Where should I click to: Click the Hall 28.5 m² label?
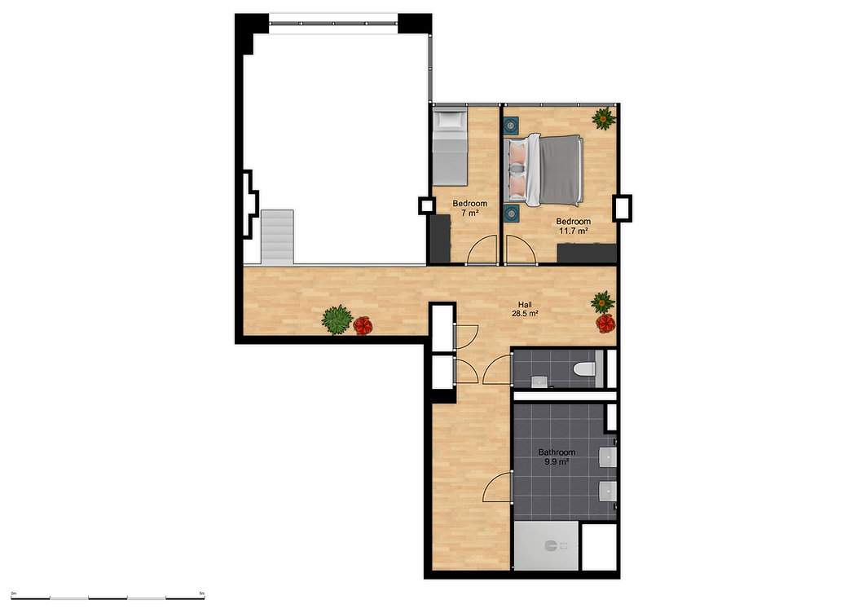[x=525, y=309]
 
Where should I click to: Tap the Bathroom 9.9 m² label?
[x=557, y=456]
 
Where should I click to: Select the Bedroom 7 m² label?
[x=469, y=208]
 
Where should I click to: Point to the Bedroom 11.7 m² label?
[x=573, y=226]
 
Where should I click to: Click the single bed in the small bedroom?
[x=450, y=148]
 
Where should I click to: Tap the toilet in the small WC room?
[x=584, y=368]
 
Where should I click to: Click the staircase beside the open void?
[x=277, y=236]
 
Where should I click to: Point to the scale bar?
[x=108, y=598]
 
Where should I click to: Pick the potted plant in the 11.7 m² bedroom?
[x=603, y=118]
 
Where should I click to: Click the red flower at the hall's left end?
[x=363, y=324]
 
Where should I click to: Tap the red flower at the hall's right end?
[x=605, y=323]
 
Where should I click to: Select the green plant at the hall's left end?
[x=337, y=320]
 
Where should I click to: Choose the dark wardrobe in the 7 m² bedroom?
[x=441, y=239]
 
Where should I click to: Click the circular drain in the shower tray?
[x=551, y=546]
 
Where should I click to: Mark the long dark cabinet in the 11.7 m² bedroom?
[x=587, y=254]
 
